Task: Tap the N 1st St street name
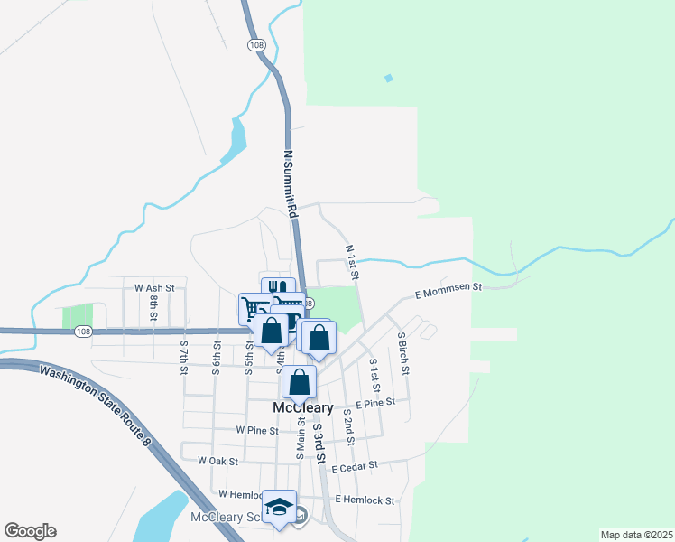353,261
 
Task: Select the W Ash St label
153,287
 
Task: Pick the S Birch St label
403,353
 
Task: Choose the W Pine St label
256,430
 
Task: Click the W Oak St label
217,461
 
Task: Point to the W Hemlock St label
238,494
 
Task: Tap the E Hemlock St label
365,500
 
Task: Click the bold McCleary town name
303,408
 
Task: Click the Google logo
30,531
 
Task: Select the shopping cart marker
253,307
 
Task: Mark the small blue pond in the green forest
389,79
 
